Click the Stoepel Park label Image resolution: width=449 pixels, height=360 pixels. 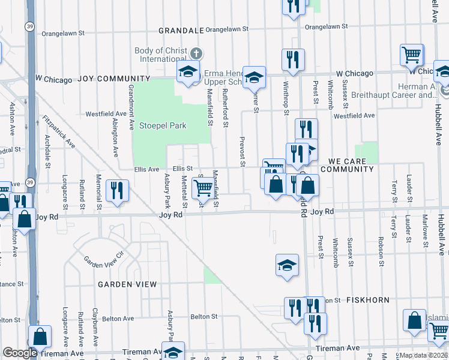163,126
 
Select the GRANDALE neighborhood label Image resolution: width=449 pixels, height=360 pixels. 181,30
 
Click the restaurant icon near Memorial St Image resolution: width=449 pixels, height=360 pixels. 116,191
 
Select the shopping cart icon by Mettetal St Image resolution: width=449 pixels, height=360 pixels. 203,188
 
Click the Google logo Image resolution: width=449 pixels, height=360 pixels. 20,353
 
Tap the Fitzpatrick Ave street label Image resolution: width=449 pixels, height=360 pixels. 59,131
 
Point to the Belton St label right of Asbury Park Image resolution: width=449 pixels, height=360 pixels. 203,316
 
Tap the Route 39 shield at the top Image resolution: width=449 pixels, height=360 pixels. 29,26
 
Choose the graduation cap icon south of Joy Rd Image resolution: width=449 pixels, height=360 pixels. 287,265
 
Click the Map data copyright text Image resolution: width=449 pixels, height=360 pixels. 423,355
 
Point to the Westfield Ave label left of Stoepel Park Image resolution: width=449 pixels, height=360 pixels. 105,113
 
